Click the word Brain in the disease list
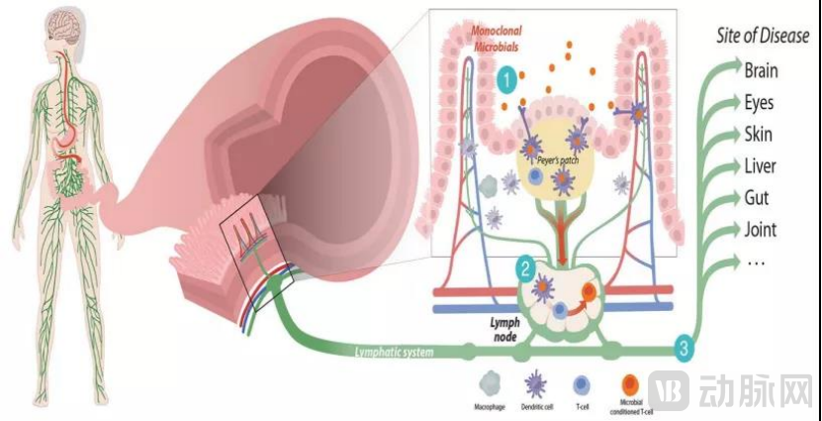click(761, 70)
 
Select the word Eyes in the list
click(759, 103)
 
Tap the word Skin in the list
click(758, 135)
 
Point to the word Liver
click(760, 166)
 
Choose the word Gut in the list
click(757, 198)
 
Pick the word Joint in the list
click(760, 230)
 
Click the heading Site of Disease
click(762, 37)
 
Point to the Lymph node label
click(505, 330)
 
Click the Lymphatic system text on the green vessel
click(394, 350)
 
